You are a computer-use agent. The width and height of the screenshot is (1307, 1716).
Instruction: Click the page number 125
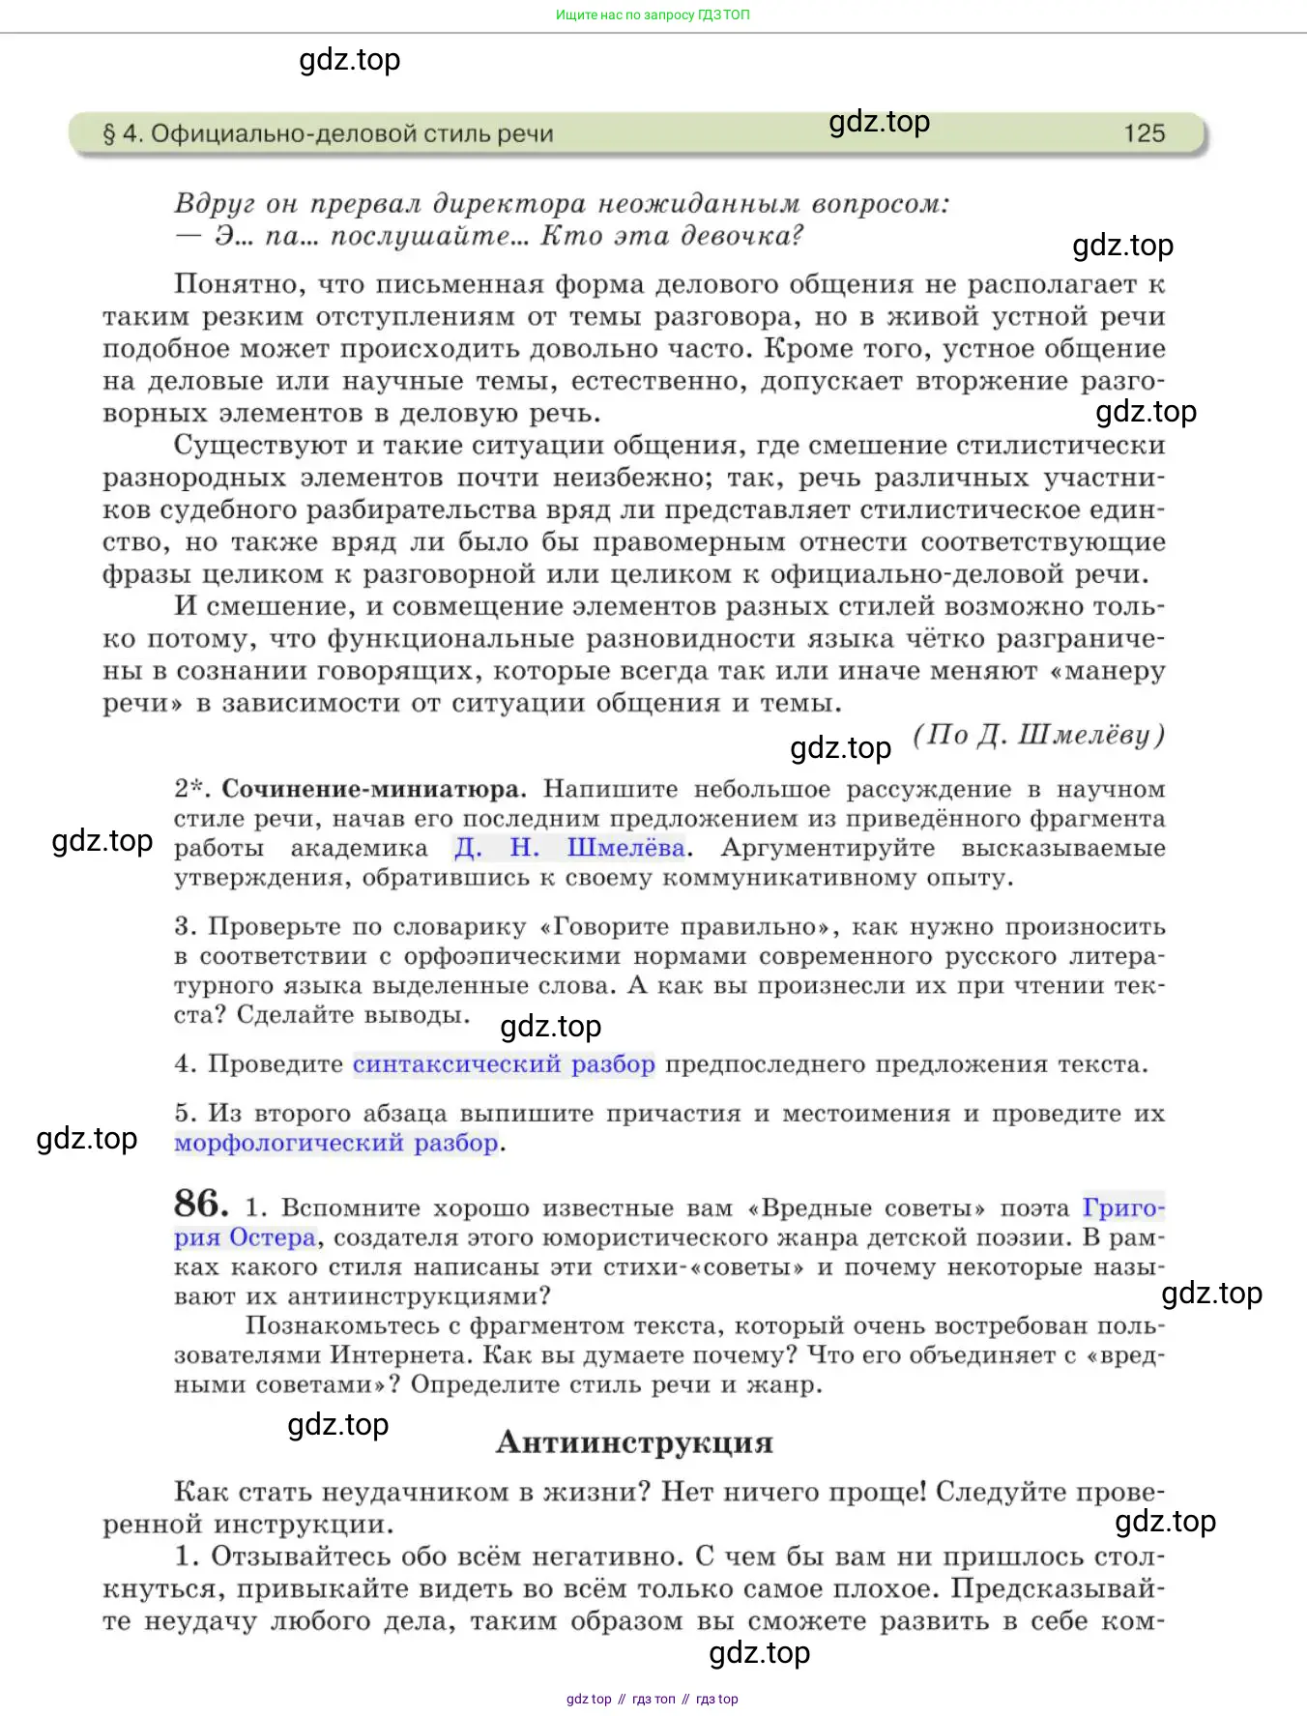pyautogui.click(x=1144, y=133)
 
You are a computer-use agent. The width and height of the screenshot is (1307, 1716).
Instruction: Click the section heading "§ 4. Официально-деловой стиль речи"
pyautogui.click(x=328, y=133)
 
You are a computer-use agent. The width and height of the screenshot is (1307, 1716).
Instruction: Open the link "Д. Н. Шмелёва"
pyautogui.click(x=569, y=849)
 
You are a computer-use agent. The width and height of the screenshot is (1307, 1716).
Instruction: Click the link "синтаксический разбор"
pyautogui.click(x=504, y=1064)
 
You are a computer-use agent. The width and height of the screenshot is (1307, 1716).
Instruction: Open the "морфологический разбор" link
pyautogui.click(x=336, y=1143)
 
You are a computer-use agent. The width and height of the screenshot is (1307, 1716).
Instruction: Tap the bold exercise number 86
pyautogui.click(x=201, y=1204)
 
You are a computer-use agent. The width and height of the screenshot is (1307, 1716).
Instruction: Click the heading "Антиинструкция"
pyautogui.click(x=634, y=1442)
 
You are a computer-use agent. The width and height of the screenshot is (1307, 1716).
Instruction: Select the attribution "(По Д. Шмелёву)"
pyautogui.click(x=1038, y=736)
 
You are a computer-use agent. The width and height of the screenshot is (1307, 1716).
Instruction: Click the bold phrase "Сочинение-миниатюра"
pyautogui.click(x=371, y=789)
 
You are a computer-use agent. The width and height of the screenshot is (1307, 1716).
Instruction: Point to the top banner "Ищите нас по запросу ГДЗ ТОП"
pyautogui.click(x=653, y=15)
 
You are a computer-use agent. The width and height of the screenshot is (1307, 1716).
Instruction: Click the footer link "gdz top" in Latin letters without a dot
pyautogui.click(x=589, y=1699)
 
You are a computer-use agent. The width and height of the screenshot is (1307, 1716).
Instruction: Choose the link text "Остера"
pyautogui.click(x=273, y=1238)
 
